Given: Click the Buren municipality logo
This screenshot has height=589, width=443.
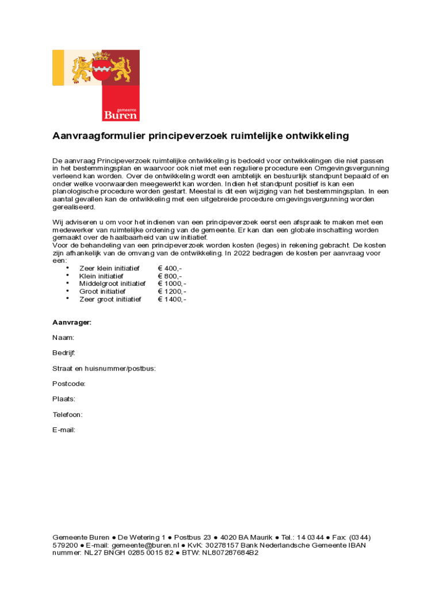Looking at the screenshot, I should tap(96, 85).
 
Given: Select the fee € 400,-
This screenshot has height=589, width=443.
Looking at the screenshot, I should tap(170, 269).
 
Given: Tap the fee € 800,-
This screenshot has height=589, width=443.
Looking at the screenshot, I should tap(170, 276).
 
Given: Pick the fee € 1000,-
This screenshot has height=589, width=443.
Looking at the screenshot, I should tap(172, 284).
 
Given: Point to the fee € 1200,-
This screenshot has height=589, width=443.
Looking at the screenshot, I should tap(172, 292).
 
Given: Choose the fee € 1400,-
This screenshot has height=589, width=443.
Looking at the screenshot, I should tap(172, 299).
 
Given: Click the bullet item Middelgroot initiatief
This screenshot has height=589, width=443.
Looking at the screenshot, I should tap(112, 284).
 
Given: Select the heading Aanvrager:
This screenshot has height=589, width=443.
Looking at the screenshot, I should tap(72, 323).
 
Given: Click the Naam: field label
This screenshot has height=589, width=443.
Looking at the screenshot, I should tap(63, 338).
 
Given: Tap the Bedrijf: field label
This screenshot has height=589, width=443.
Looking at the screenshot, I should tap(64, 353).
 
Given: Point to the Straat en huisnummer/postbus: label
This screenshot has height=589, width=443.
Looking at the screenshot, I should tap(104, 368).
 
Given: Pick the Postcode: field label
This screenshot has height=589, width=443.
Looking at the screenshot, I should tap(69, 384).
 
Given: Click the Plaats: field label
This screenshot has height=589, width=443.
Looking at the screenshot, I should tap(64, 399).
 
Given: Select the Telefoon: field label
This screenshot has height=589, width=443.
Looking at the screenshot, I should tap(68, 414).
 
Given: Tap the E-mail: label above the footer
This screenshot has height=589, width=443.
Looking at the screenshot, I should tap(64, 430).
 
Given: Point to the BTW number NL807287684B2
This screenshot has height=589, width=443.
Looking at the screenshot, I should tap(230, 553).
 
